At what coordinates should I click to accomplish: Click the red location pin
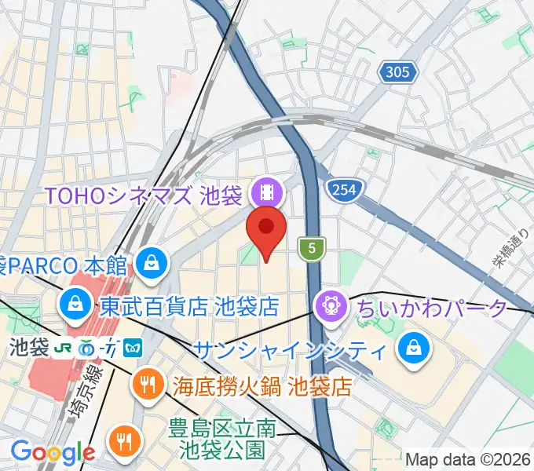pyautogui.click(x=265, y=229)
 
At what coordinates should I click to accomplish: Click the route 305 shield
pyautogui.click(x=397, y=73)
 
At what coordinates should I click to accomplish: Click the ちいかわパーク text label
pyautogui.click(x=433, y=308)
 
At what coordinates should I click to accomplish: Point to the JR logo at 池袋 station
pyautogui.click(x=64, y=345)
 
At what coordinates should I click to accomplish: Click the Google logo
pyautogui.click(x=53, y=451)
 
